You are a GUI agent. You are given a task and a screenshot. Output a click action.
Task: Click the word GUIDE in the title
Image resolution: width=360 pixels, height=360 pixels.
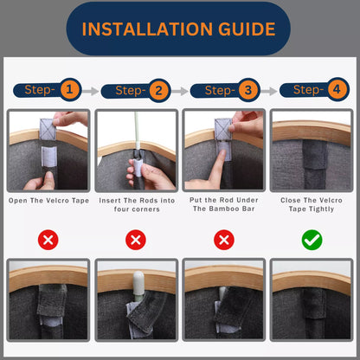tap(247, 29)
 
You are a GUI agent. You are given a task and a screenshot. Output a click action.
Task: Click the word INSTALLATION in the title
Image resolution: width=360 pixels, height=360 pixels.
tap(147, 29)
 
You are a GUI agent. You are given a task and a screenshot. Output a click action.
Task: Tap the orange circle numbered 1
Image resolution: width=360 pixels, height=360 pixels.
tap(69, 89)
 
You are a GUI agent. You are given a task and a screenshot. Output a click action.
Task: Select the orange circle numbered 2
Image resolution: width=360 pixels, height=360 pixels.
tap(159, 91)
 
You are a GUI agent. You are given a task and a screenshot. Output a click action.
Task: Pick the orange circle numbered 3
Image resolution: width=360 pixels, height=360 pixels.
tap(248, 90)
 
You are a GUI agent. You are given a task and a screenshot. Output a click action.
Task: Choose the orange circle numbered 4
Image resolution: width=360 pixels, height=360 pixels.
tap(337, 89)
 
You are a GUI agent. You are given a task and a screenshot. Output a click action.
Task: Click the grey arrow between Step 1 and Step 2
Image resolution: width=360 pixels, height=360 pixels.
tap(90, 91)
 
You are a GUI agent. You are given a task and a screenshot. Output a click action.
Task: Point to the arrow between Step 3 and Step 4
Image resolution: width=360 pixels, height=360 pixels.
tap(269, 91)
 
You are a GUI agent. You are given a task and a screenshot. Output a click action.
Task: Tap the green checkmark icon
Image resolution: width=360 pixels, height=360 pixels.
tap(312, 240)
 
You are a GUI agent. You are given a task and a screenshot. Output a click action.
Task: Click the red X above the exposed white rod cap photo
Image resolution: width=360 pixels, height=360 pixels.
tap(136, 240)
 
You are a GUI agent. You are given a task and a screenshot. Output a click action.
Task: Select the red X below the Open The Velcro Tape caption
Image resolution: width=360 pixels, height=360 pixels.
tap(48, 240)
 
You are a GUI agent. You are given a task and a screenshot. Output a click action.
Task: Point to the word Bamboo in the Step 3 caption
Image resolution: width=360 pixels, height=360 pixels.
tap(222, 209)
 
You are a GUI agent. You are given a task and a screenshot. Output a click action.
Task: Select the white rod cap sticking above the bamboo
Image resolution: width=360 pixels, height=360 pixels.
tap(138, 283)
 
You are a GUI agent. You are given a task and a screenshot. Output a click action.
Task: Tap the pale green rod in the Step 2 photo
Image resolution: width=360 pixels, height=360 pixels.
tap(137, 130)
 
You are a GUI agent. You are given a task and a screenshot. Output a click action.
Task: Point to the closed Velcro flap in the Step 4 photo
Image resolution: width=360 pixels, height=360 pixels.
tap(315, 155)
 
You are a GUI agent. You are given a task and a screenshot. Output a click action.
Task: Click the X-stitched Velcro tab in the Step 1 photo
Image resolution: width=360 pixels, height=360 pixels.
tap(48, 129)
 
